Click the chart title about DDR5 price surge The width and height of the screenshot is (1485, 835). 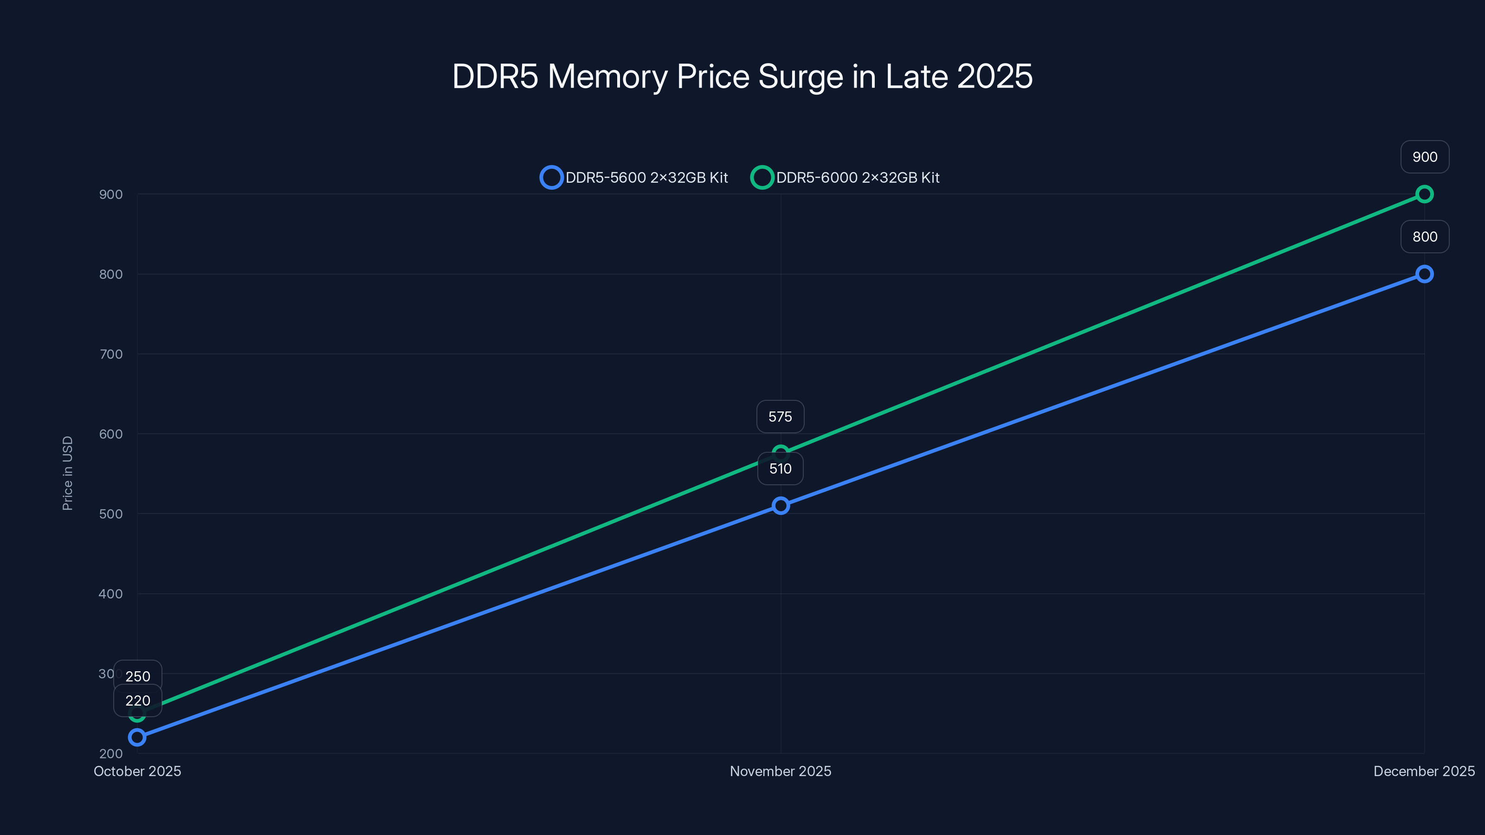(742, 76)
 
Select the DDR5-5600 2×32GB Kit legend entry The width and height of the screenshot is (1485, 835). (634, 178)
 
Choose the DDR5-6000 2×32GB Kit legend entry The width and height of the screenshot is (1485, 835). (845, 178)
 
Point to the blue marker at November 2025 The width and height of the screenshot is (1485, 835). (781, 506)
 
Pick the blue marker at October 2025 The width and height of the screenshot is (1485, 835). (137, 737)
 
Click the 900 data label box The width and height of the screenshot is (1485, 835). (1425, 157)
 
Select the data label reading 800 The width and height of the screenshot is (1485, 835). (1425, 237)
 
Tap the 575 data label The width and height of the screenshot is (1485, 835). (780, 417)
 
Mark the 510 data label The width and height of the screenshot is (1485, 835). (780, 469)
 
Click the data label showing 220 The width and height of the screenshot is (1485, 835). (138, 701)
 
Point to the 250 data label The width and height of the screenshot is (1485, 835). (138, 676)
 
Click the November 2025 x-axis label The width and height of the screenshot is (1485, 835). (780, 771)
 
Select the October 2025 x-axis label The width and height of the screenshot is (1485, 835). (137, 771)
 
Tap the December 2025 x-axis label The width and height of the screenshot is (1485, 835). (1423, 771)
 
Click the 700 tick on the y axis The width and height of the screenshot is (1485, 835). (111, 354)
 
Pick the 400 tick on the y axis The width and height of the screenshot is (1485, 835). (111, 594)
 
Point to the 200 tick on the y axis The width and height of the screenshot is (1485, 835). (111, 754)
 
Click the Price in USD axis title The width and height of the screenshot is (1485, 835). (67, 473)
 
